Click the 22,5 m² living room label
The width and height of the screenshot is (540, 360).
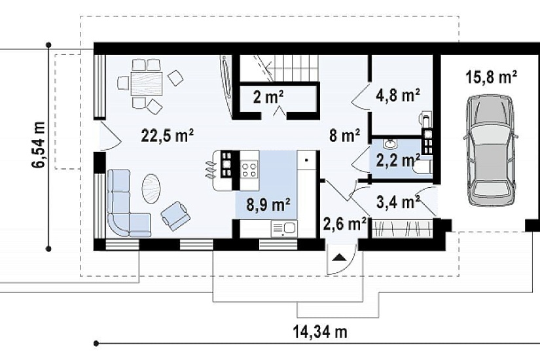coord(168,135)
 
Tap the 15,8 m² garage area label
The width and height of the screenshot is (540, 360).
coord(491,77)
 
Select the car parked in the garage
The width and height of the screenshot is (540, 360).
coord(491,151)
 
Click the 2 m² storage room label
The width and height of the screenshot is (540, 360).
coord(268,98)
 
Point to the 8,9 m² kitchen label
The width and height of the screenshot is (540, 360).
coord(268,205)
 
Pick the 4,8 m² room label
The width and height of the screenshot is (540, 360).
coord(397,95)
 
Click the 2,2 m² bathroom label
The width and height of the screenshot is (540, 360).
coord(397,160)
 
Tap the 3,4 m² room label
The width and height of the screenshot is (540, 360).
coord(398,202)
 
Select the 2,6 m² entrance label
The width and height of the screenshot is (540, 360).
coord(344,225)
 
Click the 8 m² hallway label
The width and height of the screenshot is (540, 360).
coord(344,135)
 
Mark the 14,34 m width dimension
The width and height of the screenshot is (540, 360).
coord(320,332)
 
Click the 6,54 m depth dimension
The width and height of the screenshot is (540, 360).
coord(39,145)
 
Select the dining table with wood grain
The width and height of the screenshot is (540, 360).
coord(147,84)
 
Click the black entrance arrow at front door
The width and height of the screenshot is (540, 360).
coord(339,257)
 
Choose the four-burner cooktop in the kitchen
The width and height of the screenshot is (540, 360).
coord(249,170)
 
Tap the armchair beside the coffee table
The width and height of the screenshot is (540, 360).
coord(175,216)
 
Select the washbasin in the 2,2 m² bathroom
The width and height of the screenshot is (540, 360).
coord(391,143)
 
